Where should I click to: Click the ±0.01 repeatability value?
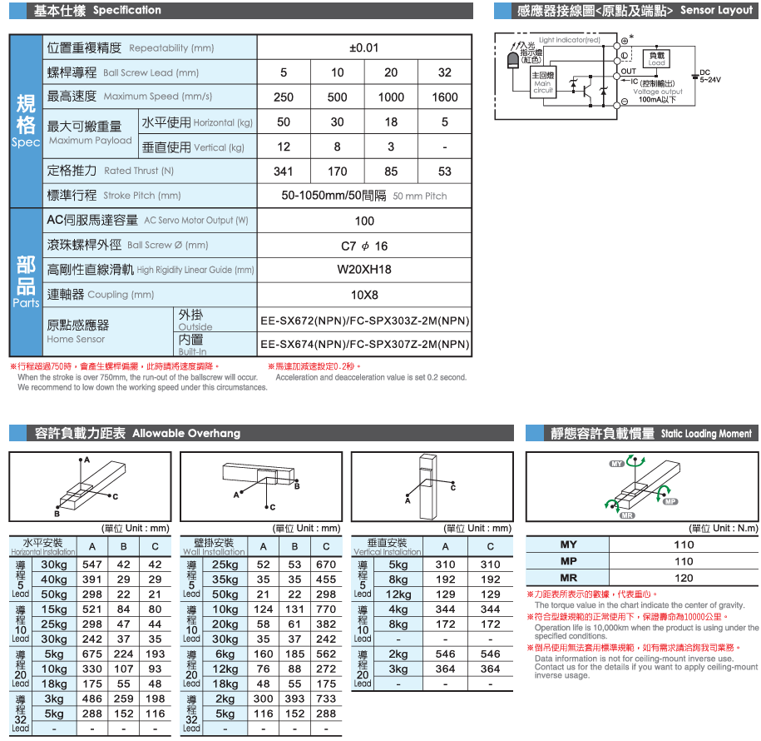(x=364, y=47)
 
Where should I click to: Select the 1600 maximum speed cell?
(x=445, y=97)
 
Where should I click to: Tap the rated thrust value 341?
(x=284, y=172)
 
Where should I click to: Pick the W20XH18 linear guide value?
(x=364, y=270)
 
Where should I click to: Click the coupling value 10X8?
(x=364, y=295)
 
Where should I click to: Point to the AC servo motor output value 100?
(x=364, y=221)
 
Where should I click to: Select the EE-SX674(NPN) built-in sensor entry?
(x=364, y=344)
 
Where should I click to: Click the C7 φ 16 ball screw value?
(x=364, y=246)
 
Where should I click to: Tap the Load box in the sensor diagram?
(x=657, y=59)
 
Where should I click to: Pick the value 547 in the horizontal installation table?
(x=92, y=564)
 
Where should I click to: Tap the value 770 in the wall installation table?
(x=326, y=609)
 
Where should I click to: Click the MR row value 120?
(x=683, y=578)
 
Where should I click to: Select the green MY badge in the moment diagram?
(x=617, y=463)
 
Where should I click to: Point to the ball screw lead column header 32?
(x=445, y=72)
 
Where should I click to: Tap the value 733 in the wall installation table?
(x=326, y=699)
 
